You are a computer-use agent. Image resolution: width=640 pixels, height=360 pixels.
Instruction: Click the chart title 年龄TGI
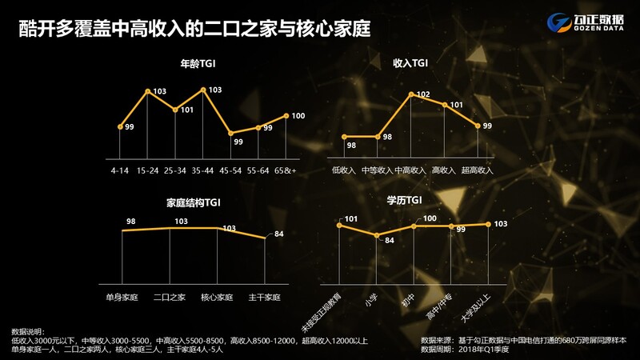click(x=198, y=64)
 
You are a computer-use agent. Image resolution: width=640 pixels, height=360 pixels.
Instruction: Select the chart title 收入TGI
click(x=410, y=63)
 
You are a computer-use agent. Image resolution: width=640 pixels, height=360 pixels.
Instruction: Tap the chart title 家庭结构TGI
click(x=194, y=203)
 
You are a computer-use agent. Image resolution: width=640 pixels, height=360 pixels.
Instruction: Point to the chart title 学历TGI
click(x=404, y=200)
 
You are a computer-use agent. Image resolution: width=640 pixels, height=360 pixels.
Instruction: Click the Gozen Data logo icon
click(x=558, y=22)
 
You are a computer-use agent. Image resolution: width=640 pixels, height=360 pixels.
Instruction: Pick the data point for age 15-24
click(x=148, y=91)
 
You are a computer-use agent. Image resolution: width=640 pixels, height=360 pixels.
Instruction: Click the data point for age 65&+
click(x=286, y=116)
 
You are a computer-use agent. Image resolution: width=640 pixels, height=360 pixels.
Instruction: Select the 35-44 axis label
click(x=202, y=170)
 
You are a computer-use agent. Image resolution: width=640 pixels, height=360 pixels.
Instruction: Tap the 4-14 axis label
click(x=119, y=170)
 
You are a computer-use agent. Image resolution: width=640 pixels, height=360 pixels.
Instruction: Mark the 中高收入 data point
click(x=411, y=94)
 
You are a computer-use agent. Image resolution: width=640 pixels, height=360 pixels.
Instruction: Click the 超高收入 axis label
click(x=477, y=170)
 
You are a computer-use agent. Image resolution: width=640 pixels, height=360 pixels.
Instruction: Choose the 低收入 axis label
click(x=344, y=170)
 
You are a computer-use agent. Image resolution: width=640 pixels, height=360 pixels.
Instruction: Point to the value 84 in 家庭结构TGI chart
click(x=278, y=234)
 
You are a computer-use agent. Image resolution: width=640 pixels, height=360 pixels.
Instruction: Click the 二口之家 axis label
click(x=170, y=297)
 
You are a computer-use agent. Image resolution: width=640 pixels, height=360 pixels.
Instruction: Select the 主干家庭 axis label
click(x=265, y=297)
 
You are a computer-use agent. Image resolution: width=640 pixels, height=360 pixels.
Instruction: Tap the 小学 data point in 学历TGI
click(x=377, y=235)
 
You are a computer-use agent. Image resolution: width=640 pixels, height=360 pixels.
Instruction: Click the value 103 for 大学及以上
click(x=501, y=224)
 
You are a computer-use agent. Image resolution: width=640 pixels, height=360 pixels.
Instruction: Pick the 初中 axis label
click(x=408, y=301)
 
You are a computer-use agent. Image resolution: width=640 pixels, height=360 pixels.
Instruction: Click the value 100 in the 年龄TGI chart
click(x=298, y=116)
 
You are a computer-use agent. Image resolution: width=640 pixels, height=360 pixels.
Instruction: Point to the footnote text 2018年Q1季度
click(x=484, y=350)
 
